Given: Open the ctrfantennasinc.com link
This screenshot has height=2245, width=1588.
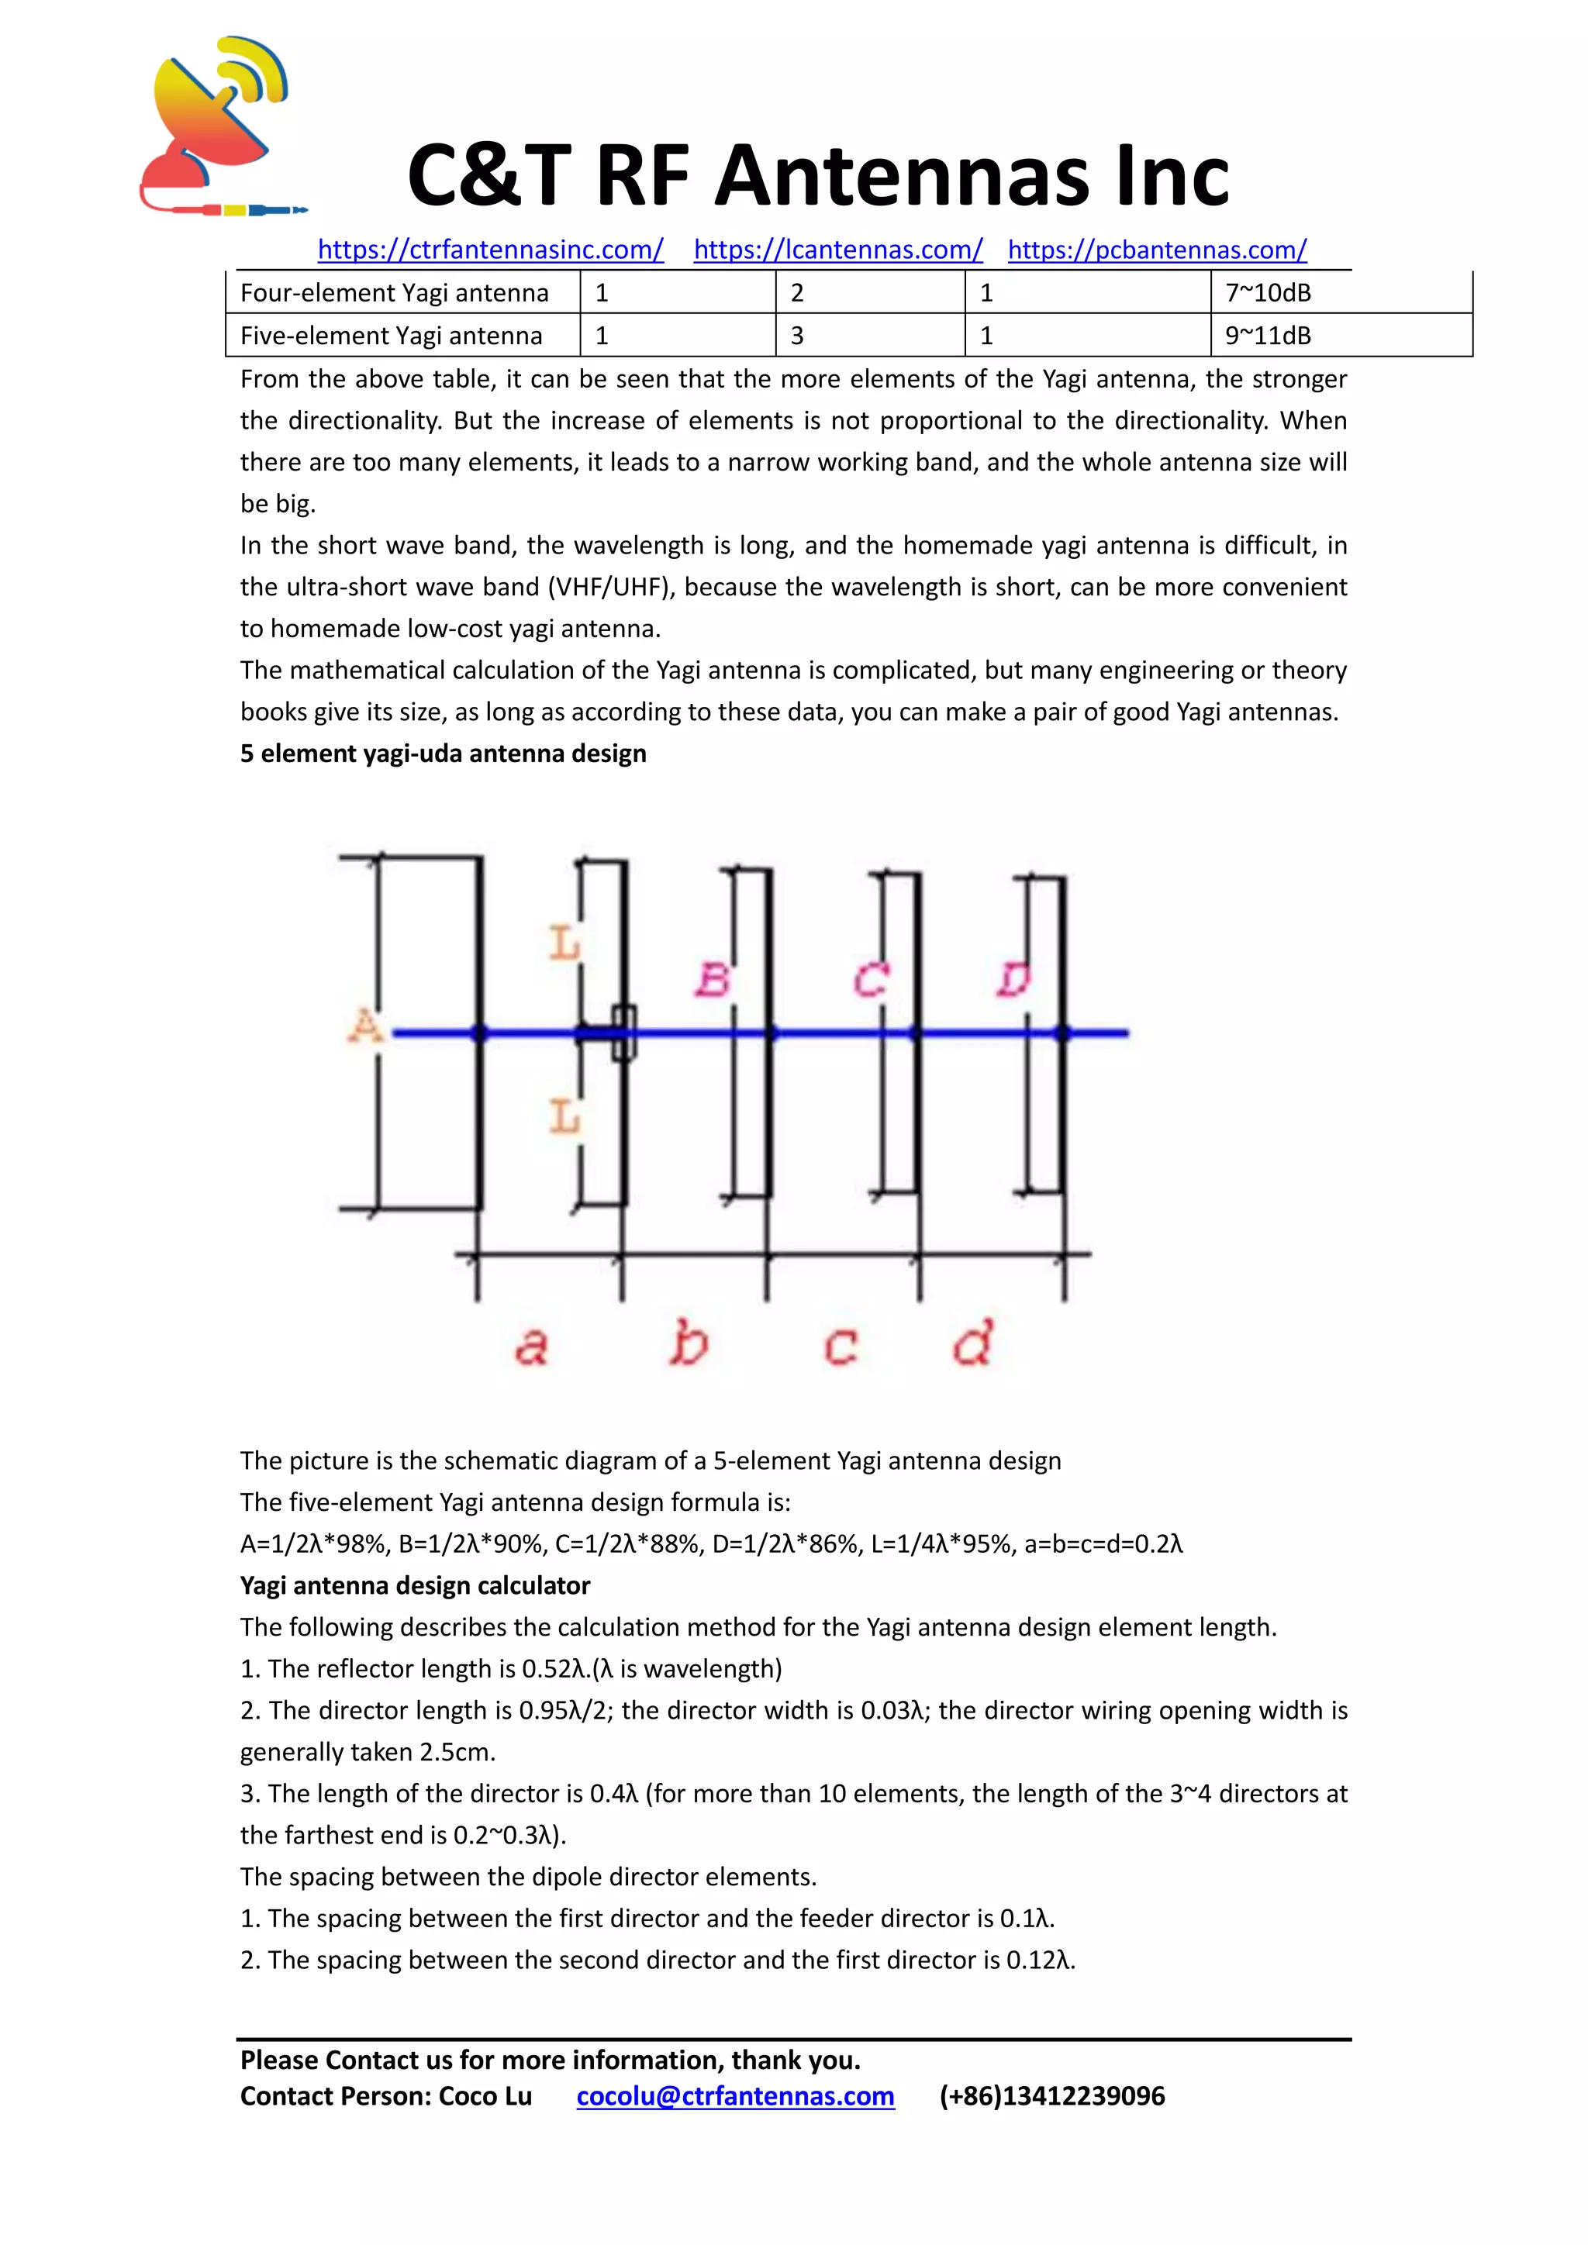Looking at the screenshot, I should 491,250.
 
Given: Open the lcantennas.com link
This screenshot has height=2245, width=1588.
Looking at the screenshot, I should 838,250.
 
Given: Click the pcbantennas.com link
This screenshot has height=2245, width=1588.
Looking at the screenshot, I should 1157,250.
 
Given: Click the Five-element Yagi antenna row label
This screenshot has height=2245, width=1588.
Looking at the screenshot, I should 391,336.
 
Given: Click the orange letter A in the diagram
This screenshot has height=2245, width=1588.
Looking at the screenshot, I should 366,1026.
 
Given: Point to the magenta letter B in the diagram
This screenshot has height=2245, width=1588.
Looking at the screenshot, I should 713,979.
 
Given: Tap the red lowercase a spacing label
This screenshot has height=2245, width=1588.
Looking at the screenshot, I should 531,1347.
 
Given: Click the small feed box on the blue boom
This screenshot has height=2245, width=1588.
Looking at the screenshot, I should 624,1033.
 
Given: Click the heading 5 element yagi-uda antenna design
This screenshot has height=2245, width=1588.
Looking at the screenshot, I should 443,754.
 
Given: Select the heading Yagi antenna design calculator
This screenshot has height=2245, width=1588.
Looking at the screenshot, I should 415,1586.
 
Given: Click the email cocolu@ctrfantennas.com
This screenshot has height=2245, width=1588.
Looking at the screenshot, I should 735,2096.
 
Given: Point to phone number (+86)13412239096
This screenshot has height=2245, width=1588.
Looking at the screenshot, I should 1052,2096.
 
